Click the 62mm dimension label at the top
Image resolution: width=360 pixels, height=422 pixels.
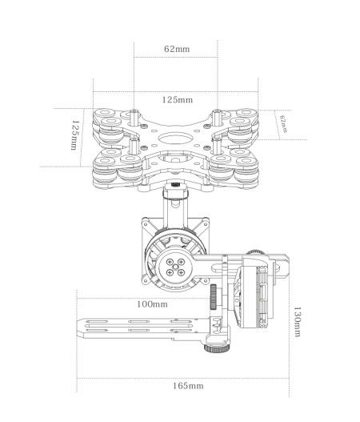pos(177,49)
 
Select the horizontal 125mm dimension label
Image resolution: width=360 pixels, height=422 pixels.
pos(178,100)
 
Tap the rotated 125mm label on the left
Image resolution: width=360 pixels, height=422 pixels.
pos(75,135)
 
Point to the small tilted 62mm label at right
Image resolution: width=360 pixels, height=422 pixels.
pos(283,124)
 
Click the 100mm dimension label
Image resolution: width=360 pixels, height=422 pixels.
pos(152,304)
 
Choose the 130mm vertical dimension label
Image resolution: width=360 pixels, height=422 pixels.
pos(297,322)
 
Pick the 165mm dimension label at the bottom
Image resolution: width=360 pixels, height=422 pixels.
pos(188,386)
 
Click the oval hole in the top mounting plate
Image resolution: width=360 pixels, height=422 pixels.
pos(174,139)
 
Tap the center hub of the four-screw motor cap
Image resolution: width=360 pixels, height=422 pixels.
pos(175,267)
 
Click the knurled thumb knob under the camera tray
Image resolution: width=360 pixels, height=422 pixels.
pos(217,348)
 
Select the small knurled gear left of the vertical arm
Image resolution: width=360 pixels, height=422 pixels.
pos(214,296)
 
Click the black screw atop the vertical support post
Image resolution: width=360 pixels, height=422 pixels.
pos(175,185)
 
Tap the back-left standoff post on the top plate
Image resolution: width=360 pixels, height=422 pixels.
pos(134,117)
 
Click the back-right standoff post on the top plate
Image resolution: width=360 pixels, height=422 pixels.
pos(216,118)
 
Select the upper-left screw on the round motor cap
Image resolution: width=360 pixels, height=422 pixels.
pos(170,261)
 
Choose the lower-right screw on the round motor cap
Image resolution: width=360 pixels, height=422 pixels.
pos(181,272)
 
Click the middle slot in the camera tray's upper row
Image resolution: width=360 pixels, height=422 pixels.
pos(138,321)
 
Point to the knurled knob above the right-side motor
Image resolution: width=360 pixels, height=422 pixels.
pos(254,252)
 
